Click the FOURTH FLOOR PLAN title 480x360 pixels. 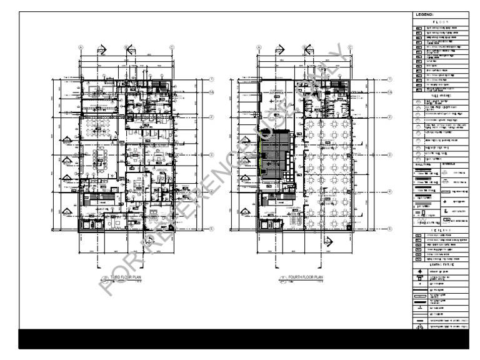click(306, 276)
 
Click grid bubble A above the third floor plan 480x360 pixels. click(81, 47)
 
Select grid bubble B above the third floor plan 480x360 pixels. click(126, 47)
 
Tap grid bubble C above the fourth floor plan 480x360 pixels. click(351, 47)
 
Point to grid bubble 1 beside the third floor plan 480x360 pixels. click(212, 79)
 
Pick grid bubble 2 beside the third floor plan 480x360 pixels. click(212, 117)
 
